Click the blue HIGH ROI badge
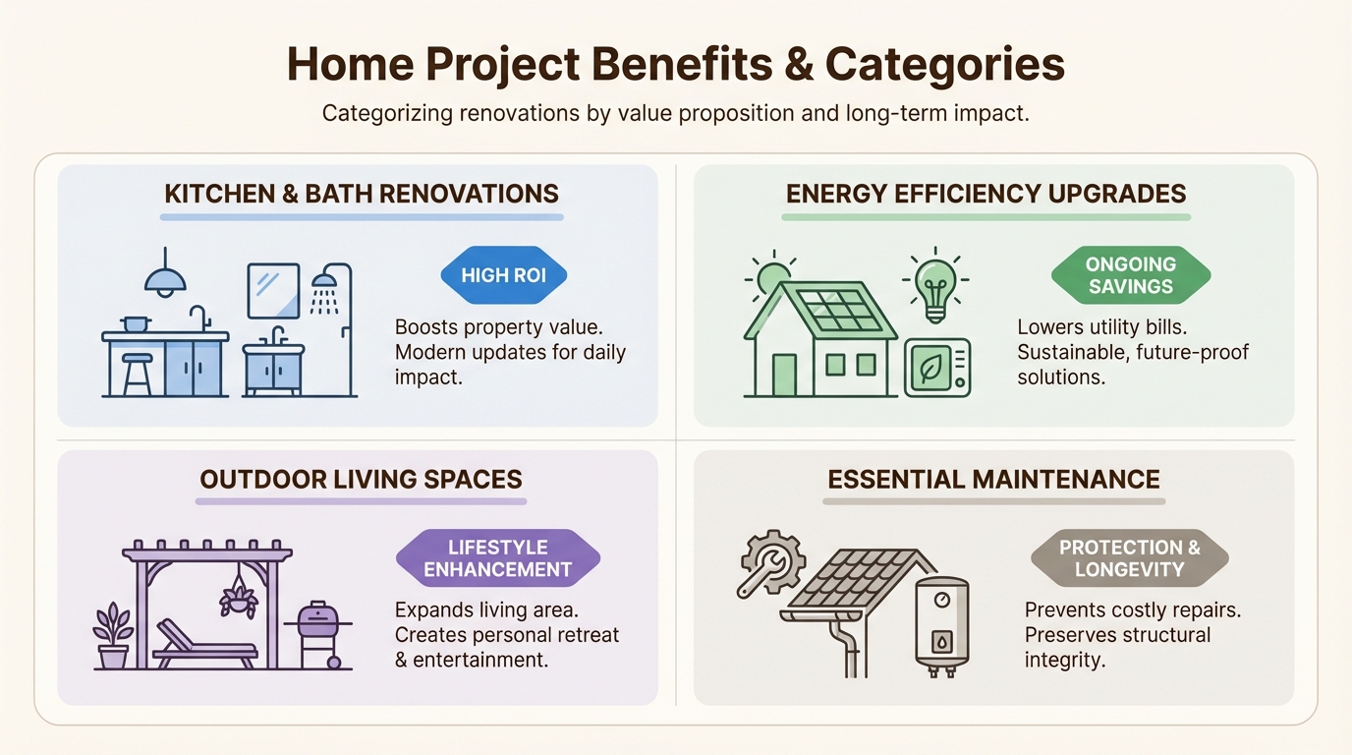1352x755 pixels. click(x=503, y=275)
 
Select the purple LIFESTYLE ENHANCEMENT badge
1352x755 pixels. click(x=497, y=558)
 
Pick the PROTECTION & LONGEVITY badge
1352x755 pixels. click(x=1129, y=558)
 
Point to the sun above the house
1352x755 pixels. click(x=772, y=277)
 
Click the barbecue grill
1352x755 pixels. click(x=317, y=629)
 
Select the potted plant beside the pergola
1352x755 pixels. click(x=112, y=634)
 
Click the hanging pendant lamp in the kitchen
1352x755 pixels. click(x=165, y=279)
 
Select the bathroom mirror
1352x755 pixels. click(x=273, y=290)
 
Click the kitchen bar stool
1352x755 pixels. click(x=138, y=374)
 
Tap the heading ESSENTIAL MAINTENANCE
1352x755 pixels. click(x=993, y=480)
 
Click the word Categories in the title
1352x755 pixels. click(x=944, y=65)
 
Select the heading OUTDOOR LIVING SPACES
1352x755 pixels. click(x=361, y=480)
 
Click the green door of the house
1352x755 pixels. click(x=785, y=375)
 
